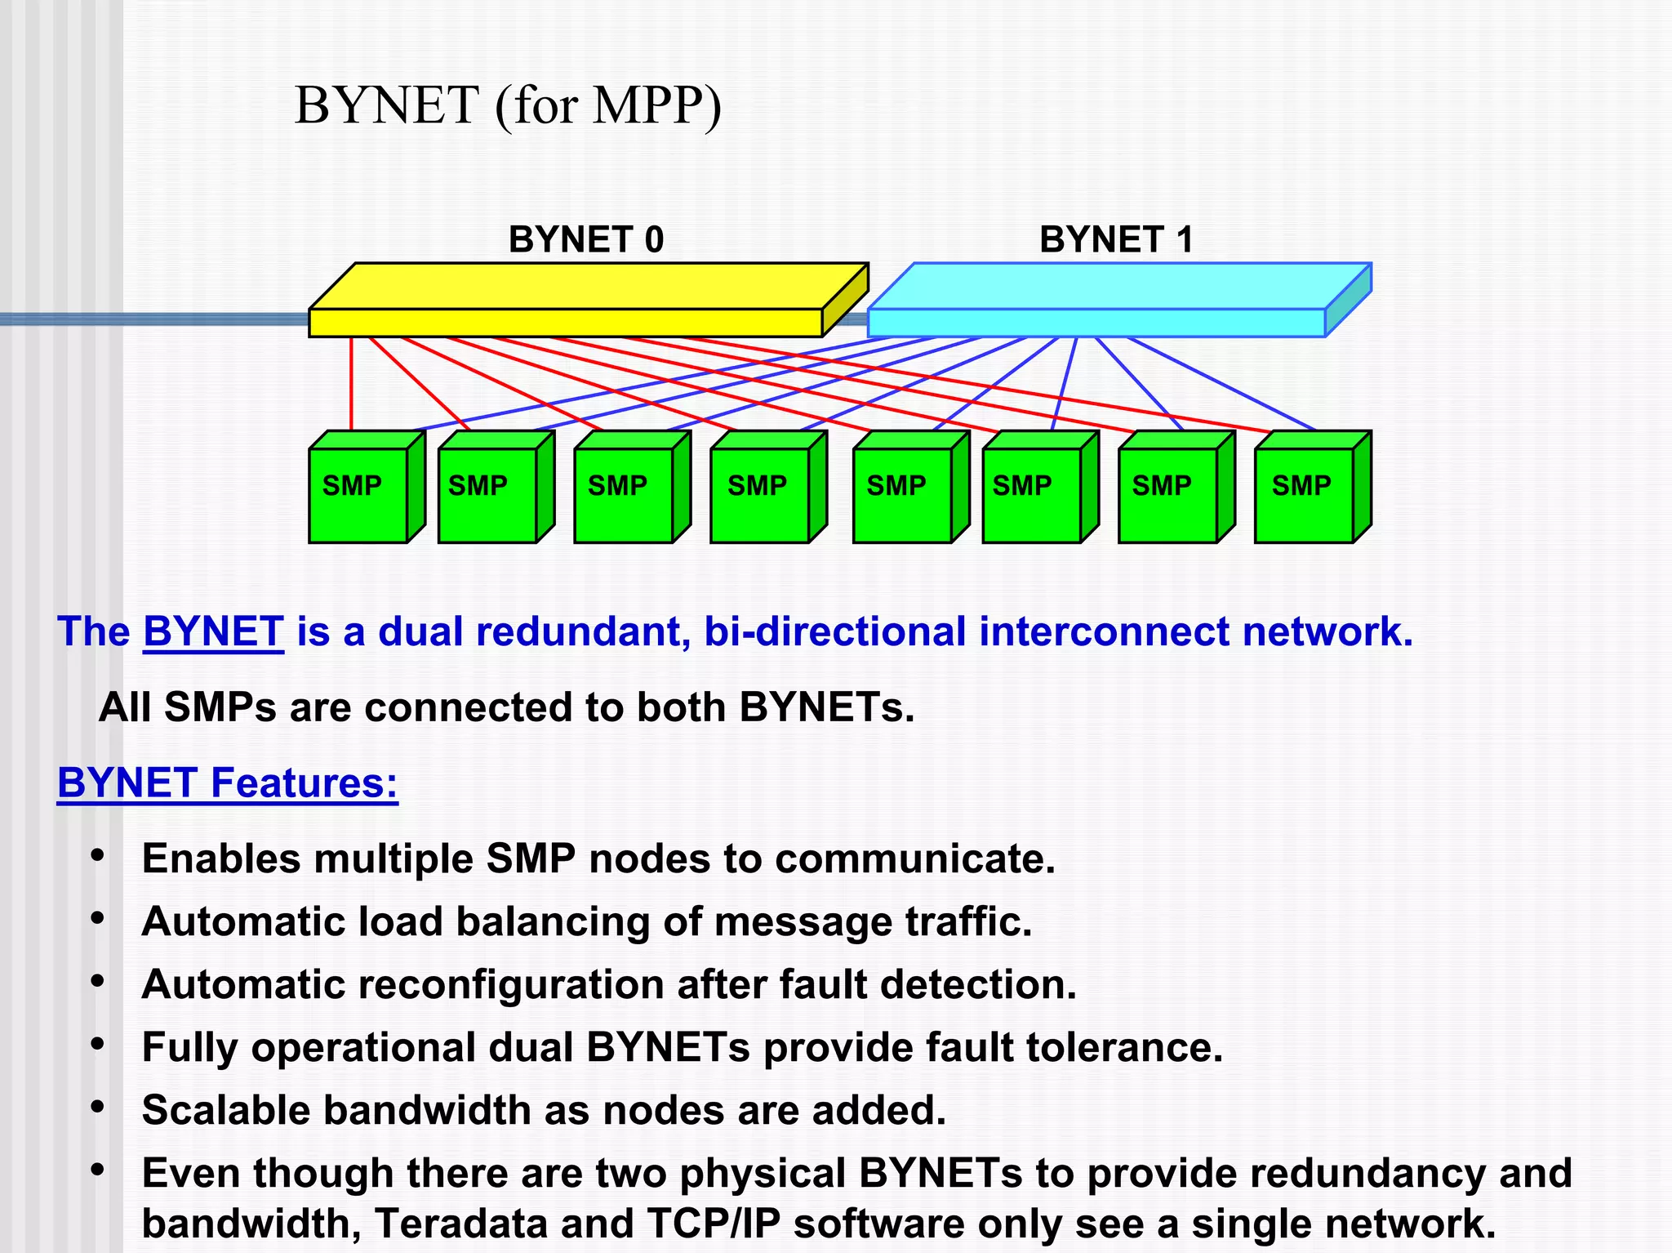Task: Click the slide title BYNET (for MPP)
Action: tap(508, 105)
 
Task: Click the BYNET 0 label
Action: tap(585, 239)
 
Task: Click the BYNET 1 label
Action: tap(1116, 239)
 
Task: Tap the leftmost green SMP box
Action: tap(358, 494)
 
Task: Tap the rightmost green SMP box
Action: tap(1304, 494)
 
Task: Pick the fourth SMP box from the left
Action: tap(759, 494)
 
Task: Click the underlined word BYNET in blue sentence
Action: tap(213, 631)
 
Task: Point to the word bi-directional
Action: tap(834, 631)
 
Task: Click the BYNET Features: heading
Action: tap(228, 783)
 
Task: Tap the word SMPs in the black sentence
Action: tap(220, 707)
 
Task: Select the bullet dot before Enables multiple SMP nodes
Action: tap(98, 855)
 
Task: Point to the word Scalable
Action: tap(226, 1110)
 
